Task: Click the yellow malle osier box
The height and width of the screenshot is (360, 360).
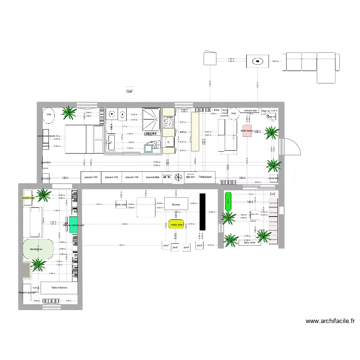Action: [x=176, y=224]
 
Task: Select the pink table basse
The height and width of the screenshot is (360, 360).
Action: [x=247, y=131]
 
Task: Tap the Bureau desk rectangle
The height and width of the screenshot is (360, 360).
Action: [x=176, y=204]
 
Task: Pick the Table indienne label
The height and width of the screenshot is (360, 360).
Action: [x=59, y=288]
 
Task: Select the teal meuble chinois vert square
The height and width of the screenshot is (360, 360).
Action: [x=72, y=225]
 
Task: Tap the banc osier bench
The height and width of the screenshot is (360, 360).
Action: [x=249, y=242]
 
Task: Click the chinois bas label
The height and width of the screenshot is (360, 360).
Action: [x=251, y=110]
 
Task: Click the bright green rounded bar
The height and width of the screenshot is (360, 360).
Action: [x=228, y=201]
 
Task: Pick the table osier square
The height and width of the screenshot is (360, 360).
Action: [x=120, y=205]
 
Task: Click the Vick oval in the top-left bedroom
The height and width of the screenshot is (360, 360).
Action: [x=49, y=115]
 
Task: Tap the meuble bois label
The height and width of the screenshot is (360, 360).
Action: [x=28, y=197]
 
